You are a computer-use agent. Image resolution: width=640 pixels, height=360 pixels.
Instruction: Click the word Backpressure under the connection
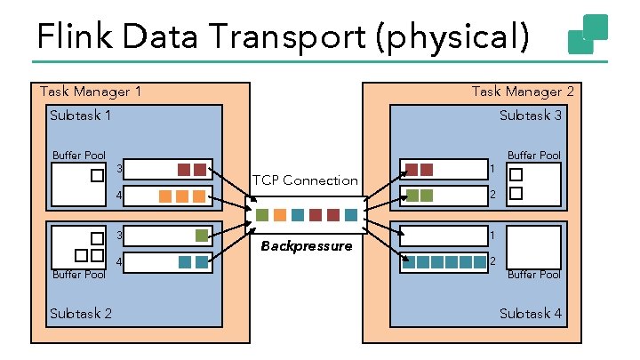click(x=306, y=245)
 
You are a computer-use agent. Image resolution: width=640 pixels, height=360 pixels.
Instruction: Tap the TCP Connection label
click(x=305, y=180)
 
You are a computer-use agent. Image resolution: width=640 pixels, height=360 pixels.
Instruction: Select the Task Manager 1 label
click(x=91, y=92)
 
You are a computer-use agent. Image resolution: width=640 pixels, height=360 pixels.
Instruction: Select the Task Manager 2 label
click(x=523, y=92)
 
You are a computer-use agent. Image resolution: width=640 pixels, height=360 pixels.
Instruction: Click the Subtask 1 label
click(x=81, y=116)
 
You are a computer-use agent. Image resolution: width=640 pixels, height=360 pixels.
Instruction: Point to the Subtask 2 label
click(x=81, y=313)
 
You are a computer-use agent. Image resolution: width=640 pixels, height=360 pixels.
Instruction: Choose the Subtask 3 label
click(x=531, y=116)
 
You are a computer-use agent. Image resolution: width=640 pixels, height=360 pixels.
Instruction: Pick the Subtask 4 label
click(x=531, y=313)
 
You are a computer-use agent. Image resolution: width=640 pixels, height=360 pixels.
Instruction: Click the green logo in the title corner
click(x=588, y=35)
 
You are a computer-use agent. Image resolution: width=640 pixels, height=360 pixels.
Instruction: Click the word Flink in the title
click(x=75, y=37)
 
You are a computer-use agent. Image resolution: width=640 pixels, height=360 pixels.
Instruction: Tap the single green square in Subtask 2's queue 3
click(x=202, y=236)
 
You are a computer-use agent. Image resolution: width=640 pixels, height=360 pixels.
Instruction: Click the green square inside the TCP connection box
click(x=261, y=215)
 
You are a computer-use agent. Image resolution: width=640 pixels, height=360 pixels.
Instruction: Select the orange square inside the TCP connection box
click(x=279, y=215)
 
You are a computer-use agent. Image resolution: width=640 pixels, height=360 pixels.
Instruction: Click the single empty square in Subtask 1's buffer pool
click(x=97, y=176)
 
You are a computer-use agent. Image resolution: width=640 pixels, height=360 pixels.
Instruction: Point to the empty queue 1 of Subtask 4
click(x=442, y=236)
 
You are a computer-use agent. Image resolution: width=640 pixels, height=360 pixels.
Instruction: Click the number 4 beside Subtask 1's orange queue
click(x=120, y=195)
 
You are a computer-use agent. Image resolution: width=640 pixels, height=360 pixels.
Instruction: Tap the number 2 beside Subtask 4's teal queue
click(x=492, y=261)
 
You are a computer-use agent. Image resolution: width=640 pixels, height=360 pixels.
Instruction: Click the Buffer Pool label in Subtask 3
click(x=533, y=156)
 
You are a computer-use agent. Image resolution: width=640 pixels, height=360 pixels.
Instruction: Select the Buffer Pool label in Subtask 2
click(x=79, y=275)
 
